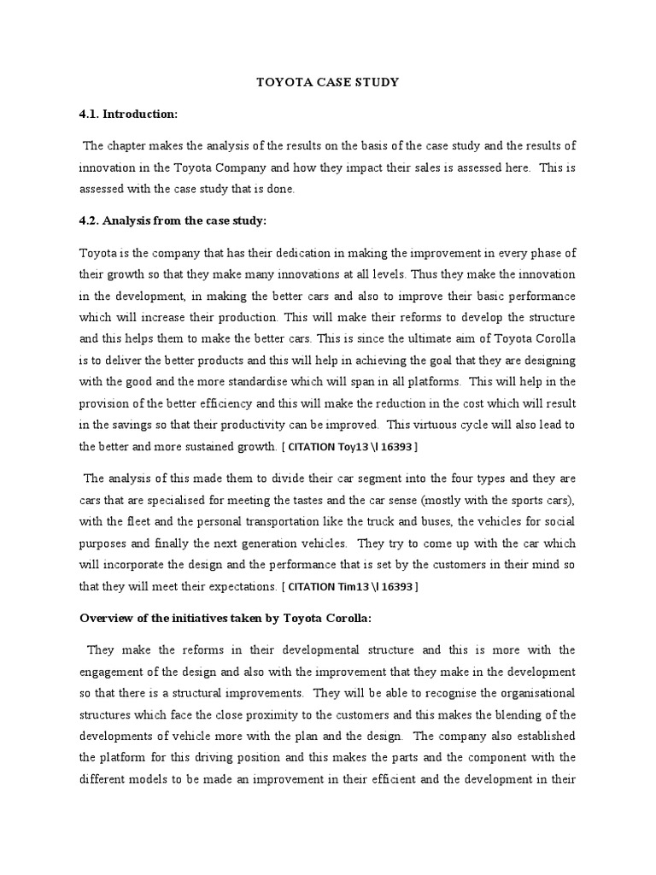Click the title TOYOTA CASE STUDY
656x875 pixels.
(328, 83)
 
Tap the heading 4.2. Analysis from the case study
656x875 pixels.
(173, 221)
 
